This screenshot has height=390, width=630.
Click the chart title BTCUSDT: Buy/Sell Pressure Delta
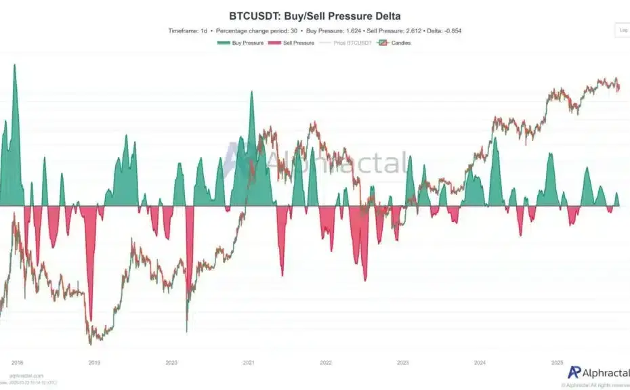[x=315, y=15]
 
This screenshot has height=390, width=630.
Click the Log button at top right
[x=623, y=30]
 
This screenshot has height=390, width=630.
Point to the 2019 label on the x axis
[x=94, y=363]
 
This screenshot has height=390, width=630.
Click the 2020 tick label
[x=171, y=363]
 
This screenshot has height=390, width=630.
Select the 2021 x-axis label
[x=249, y=363]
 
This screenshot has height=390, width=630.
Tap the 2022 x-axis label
[x=326, y=363]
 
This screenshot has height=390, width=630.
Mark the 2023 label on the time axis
[x=403, y=363]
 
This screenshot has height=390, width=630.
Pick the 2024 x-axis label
[x=480, y=363]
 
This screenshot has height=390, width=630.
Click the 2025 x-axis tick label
[x=558, y=363]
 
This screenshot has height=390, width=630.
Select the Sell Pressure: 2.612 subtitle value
[x=392, y=30]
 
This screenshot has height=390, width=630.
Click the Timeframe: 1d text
[x=189, y=30]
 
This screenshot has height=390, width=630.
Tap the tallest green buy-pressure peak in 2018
[x=14, y=66]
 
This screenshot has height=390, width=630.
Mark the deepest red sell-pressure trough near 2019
[x=89, y=318]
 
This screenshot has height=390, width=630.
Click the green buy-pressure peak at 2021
[x=251, y=92]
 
